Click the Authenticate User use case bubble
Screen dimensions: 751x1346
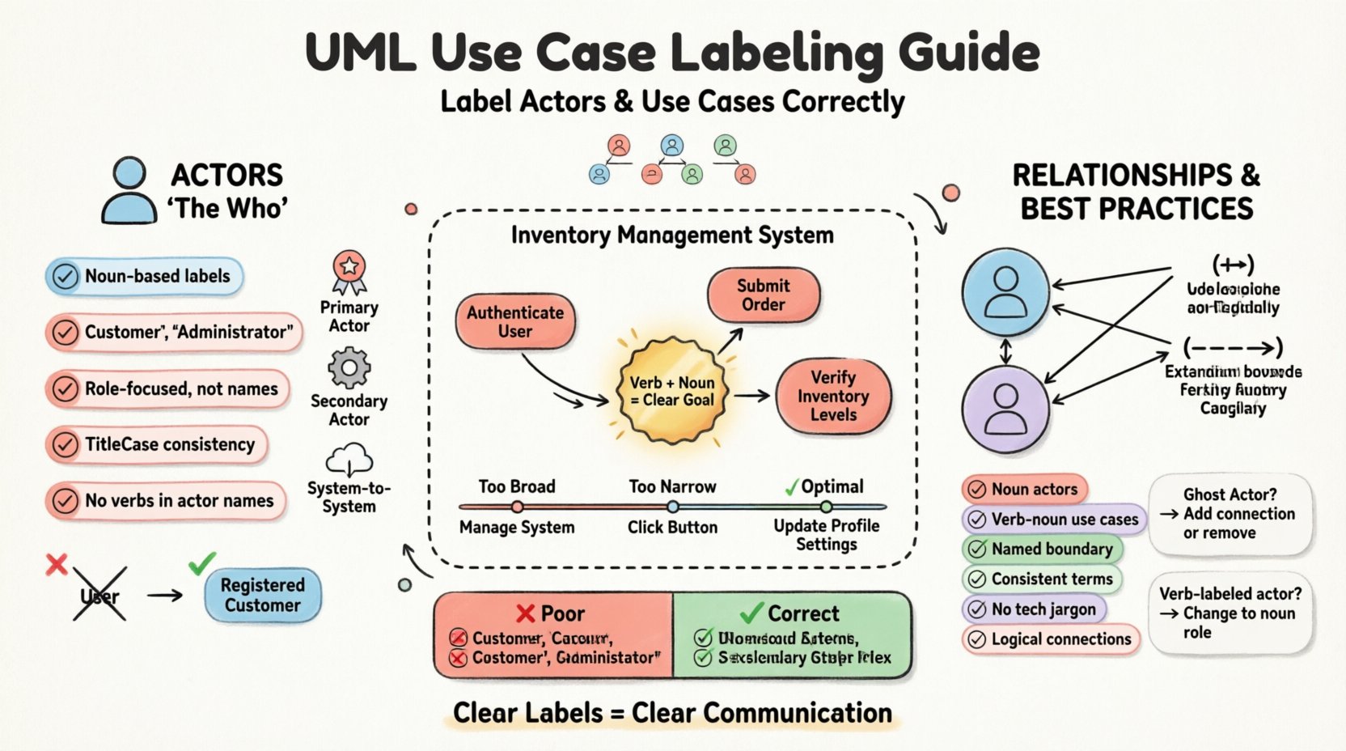click(515, 321)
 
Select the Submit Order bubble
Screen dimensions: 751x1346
click(763, 295)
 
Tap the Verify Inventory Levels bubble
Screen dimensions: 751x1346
click(833, 396)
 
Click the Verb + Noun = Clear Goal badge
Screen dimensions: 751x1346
click(671, 391)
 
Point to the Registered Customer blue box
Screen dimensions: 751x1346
click(262, 595)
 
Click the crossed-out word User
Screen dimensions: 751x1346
click(99, 596)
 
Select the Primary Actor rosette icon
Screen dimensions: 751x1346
click(349, 270)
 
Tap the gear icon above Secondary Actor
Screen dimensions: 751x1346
click(349, 368)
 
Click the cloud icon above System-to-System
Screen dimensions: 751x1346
click(349, 460)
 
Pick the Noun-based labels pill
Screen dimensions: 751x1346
click(144, 276)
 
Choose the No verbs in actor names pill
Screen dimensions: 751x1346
click(166, 501)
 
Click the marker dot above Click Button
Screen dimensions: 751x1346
click(672, 507)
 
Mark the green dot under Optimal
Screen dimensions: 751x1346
click(826, 507)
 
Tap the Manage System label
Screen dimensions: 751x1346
click(517, 528)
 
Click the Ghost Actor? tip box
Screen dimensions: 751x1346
click(1230, 513)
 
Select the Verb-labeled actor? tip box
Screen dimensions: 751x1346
click(1230, 613)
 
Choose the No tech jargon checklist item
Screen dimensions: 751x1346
click(1034, 609)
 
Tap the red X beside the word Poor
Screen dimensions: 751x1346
click(526, 613)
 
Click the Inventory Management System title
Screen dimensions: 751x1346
click(672, 235)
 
